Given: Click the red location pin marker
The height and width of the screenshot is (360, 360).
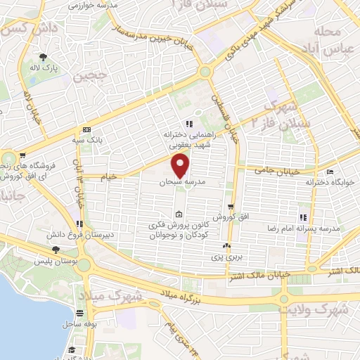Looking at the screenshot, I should click(181, 165).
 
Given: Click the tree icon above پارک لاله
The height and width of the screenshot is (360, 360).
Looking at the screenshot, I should click(44, 58).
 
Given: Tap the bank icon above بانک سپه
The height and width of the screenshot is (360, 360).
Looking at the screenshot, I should click(86, 129).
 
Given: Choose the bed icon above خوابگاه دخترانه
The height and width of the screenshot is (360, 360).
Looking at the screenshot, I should click(330, 172).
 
